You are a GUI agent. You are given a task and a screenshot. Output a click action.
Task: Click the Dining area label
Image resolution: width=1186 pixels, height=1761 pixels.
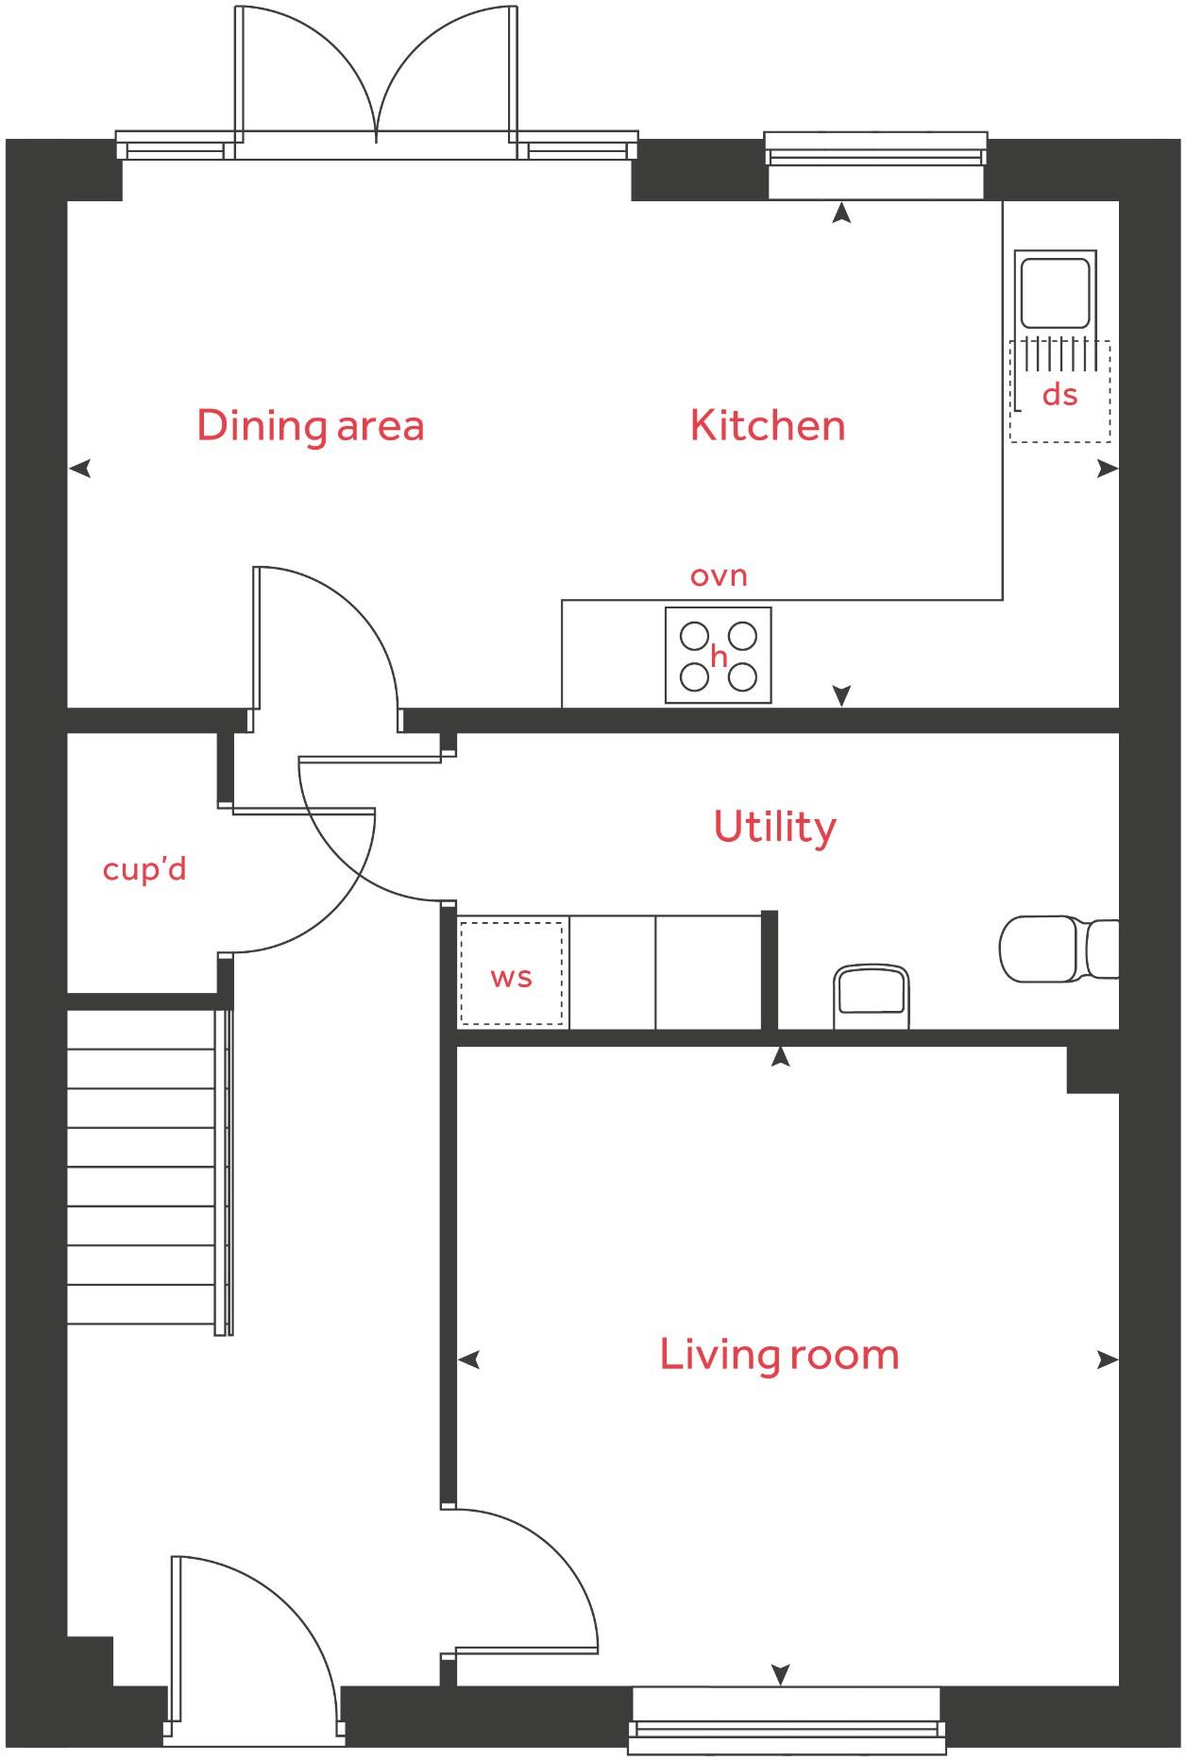pyautogui.click(x=310, y=426)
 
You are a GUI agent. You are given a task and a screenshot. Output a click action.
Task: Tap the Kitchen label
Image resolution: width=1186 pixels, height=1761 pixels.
pyautogui.click(x=767, y=426)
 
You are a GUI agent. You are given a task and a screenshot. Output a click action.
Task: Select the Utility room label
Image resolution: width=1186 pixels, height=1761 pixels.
pyautogui.click(x=774, y=827)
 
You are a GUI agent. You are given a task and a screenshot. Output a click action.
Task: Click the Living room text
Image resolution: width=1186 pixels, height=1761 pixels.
pyautogui.click(x=779, y=1355)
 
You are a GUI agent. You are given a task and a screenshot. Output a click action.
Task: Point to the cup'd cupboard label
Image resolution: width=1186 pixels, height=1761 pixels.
pyautogui.click(x=144, y=868)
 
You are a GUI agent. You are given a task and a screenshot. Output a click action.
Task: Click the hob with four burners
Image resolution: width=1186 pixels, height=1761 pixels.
pyautogui.click(x=718, y=655)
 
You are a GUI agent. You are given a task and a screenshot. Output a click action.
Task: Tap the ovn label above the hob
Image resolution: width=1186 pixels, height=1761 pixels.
pyautogui.click(x=719, y=575)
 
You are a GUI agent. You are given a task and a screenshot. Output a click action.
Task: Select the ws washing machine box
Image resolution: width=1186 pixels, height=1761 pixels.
pyautogui.click(x=511, y=974)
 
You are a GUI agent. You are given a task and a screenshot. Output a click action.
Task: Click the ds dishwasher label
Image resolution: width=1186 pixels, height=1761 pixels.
pyautogui.click(x=1059, y=394)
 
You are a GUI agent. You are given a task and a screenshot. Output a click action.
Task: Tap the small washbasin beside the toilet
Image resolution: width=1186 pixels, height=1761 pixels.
pyautogui.click(x=871, y=996)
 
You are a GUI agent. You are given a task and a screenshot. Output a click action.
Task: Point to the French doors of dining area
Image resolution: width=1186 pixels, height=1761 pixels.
pyautogui.click(x=376, y=85)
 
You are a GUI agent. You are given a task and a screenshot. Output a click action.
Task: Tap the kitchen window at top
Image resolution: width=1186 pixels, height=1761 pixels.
pyautogui.click(x=875, y=151)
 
